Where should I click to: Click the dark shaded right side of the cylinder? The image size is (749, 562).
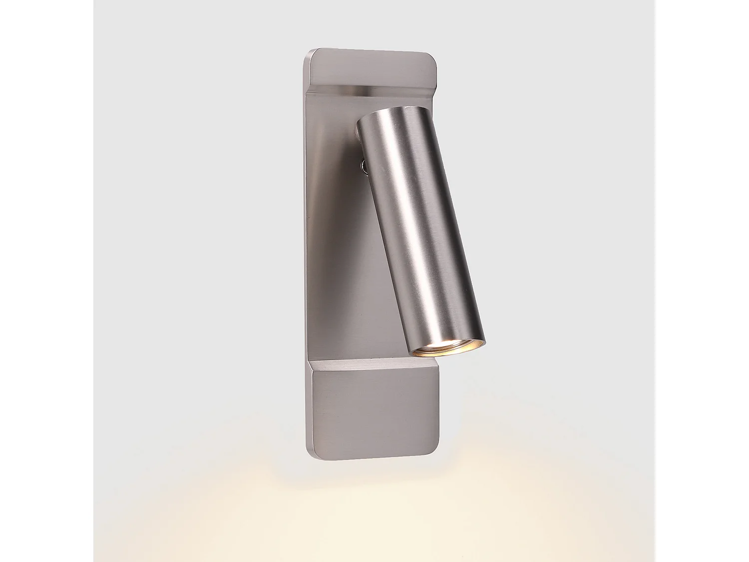pyautogui.click(x=452, y=225)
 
